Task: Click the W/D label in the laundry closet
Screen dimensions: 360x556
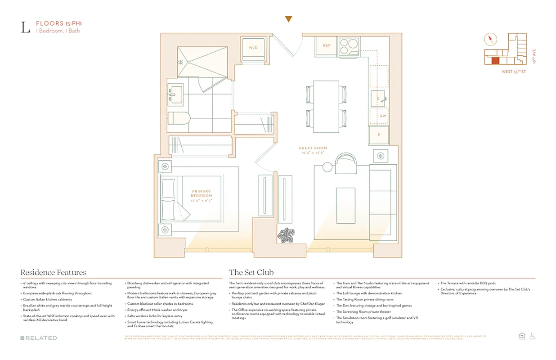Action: tap(254, 47)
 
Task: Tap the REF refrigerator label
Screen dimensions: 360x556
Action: tap(326, 45)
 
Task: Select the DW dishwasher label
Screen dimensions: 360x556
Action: tap(382, 116)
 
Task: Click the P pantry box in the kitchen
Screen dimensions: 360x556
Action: tap(379, 135)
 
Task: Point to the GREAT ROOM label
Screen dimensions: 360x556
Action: tap(314, 148)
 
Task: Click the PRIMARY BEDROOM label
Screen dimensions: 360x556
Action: tap(202, 193)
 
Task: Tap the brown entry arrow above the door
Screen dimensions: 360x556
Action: tap(289, 19)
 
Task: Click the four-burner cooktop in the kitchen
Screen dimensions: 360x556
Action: tap(349, 45)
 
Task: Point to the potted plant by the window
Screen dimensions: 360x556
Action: tap(286, 235)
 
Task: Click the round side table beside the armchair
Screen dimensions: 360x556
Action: tap(327, 167)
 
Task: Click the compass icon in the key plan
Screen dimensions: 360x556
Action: tap(490, 40)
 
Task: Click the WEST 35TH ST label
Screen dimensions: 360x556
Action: tap(514, 72)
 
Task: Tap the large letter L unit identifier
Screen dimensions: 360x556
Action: tap(26, 27)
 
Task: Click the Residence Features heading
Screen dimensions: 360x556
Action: tap(53, 272)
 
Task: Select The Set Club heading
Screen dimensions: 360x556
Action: tap(251, 272)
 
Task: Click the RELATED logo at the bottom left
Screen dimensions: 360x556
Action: tap(39, 338)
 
